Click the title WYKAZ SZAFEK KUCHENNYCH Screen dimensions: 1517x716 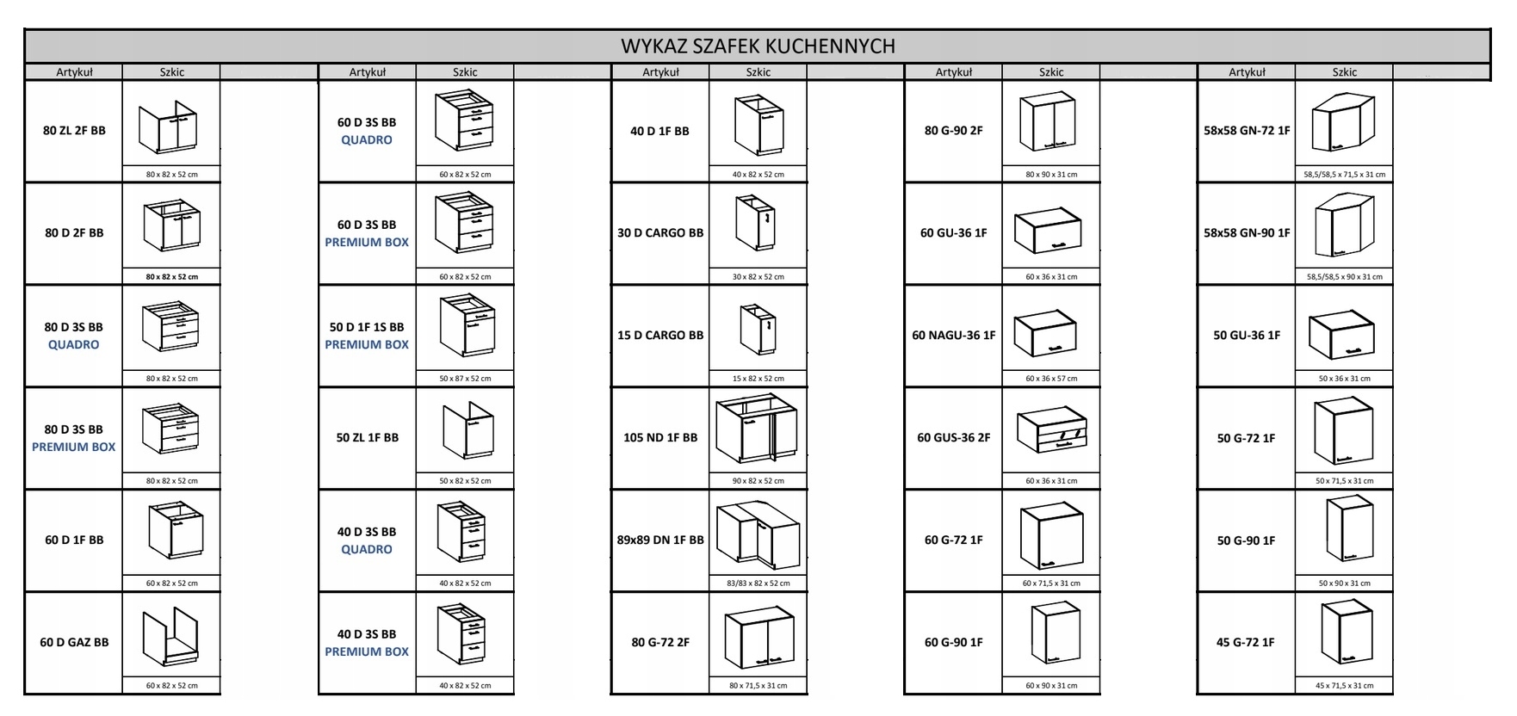[758, 46]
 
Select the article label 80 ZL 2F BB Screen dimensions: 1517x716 [74, 131]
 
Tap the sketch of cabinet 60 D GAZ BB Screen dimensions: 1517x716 [170, 637]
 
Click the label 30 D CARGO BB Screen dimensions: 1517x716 [660, 233]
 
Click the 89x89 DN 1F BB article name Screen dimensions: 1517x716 [660, 540]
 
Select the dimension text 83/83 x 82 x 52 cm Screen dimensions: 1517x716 [758, 583]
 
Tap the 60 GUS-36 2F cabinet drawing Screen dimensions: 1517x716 [1051, 432]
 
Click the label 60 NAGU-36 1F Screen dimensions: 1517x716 [954, 336]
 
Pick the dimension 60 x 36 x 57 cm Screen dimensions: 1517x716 [1051, 379]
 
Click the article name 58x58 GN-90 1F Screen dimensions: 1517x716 [1247, 233]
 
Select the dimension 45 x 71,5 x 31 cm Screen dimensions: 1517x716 [1344, 686]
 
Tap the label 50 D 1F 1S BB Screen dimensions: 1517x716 [367, 327]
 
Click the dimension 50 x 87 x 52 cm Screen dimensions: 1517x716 [465, 379]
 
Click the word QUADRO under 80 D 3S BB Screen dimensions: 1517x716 [74, 345]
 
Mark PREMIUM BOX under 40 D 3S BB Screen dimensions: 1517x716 [367, 652]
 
